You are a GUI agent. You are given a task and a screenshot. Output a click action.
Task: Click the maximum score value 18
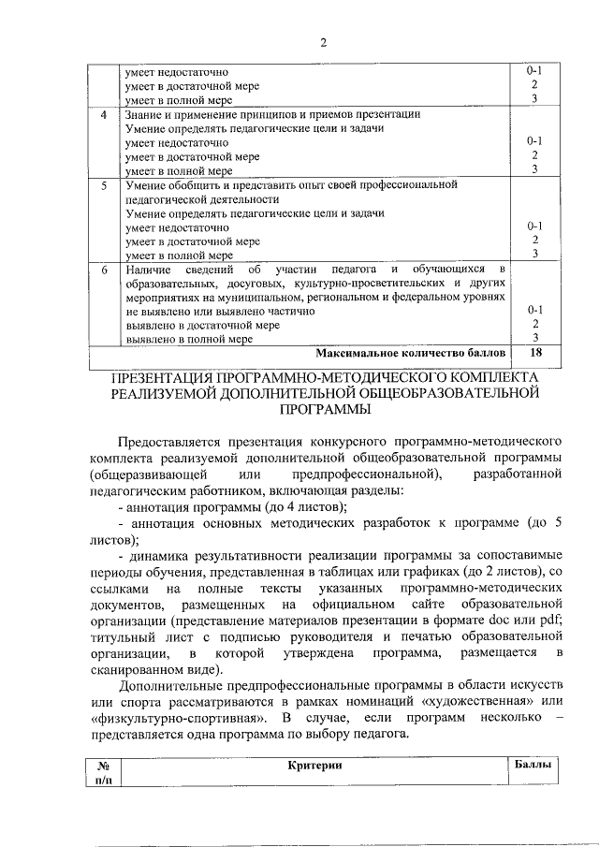point(535,353)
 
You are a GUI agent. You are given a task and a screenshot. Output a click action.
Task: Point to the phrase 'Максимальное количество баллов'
point(411,353)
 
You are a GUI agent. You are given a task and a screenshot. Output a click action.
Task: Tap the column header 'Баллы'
point(533,765)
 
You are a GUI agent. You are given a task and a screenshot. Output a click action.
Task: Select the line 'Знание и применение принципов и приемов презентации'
point(272,114)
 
